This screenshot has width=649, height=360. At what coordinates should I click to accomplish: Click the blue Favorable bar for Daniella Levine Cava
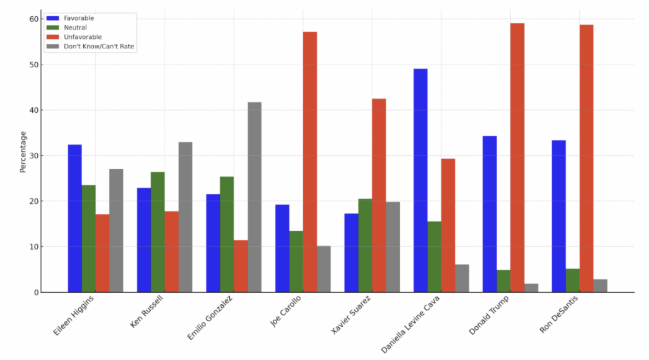[420, 181]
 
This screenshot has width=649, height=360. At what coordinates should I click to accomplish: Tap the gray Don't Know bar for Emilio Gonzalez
[254, 197]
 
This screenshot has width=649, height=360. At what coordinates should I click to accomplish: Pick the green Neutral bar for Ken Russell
[158, 232]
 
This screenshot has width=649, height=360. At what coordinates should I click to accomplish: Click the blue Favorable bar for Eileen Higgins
[75, 218]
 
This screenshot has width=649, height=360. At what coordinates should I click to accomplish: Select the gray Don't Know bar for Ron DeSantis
[600, 286]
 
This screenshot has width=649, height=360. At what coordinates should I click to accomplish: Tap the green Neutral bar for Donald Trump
[503, 281]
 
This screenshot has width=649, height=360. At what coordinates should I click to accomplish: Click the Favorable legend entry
[79, 18]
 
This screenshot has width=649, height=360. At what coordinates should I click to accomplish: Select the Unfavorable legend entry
[83, 37]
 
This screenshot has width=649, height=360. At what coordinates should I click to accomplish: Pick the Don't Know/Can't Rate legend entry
[99, 46]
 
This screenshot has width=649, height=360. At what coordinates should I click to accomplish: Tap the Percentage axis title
[23, 152]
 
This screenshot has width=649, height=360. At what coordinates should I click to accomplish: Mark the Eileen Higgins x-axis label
[74, 316]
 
